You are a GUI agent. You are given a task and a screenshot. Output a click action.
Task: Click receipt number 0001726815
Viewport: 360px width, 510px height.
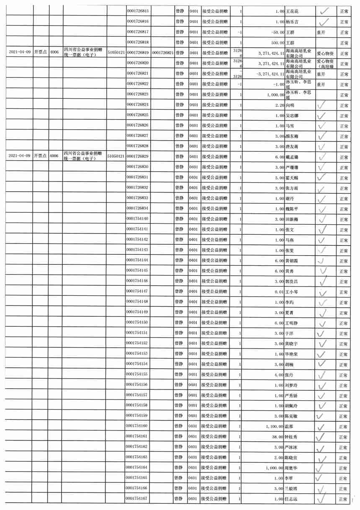click(x=138, y=11)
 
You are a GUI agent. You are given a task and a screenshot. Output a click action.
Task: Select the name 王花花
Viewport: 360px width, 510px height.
click(x=293, y=11)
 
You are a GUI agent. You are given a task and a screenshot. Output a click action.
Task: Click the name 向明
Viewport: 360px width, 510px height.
click(x=291, y=105)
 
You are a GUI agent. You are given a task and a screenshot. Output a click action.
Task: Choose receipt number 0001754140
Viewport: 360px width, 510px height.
click(x=138, y=219)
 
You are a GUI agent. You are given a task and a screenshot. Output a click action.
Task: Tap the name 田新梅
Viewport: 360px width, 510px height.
click(x=293, y=219)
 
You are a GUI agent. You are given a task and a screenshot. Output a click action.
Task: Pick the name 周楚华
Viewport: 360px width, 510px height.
click(x=293, y=468)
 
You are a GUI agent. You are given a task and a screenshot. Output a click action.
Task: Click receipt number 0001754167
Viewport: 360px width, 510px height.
click(x=138, y=499)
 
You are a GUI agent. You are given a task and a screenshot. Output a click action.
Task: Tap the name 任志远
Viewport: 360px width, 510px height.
click(x=293, y=499)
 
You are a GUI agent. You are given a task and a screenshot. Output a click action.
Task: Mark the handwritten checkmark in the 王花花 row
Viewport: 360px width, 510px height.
click(x=323, y=11)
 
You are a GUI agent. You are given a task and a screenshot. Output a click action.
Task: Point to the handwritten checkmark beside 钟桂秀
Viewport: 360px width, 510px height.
click(x=322, y=437)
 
